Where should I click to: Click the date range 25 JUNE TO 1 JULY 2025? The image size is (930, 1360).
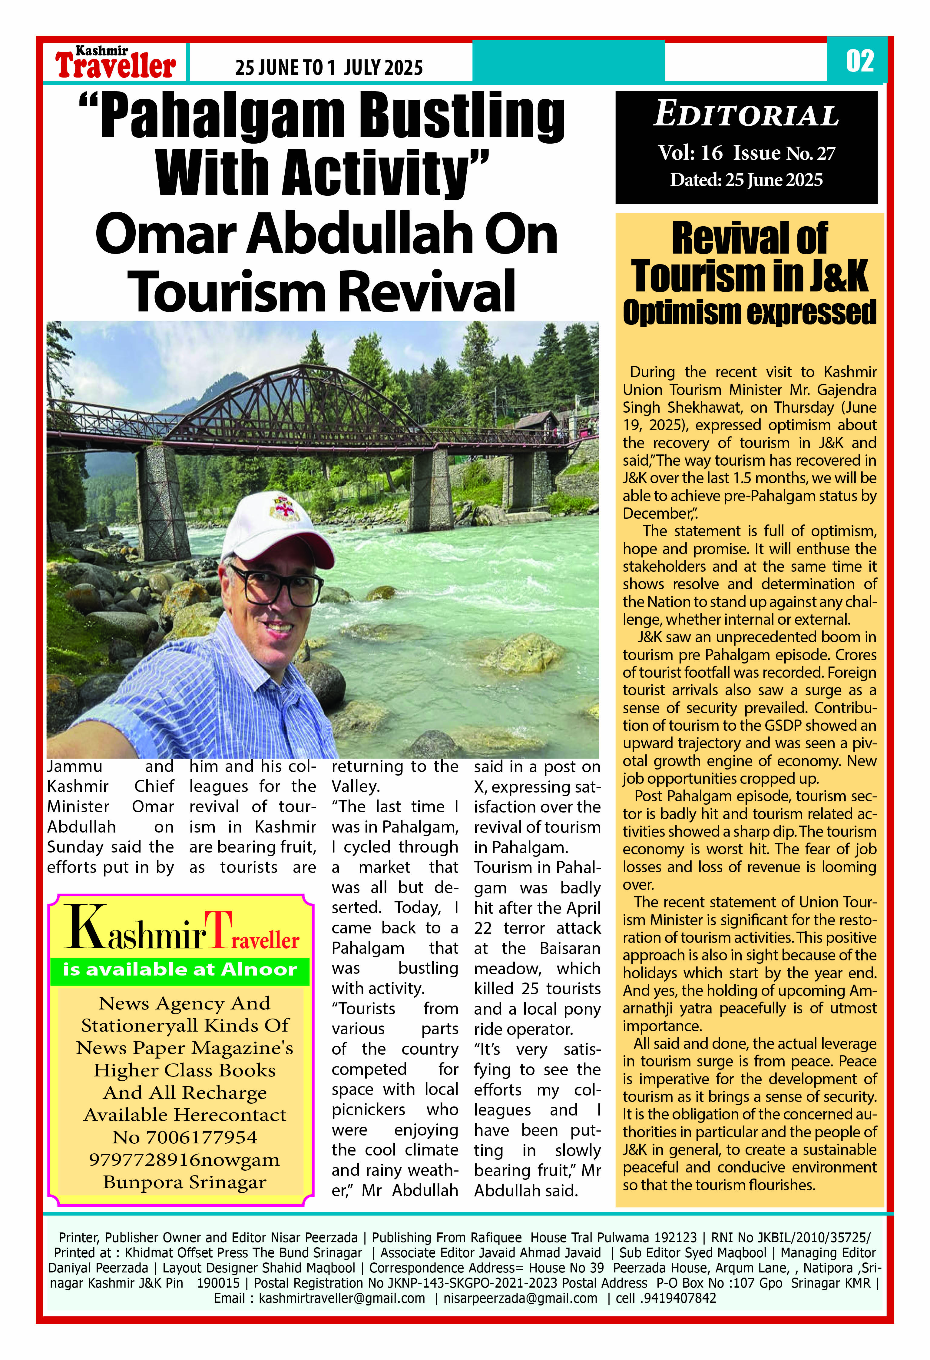click(329, 68)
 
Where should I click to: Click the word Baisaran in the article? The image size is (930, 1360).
click(570, 948)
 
